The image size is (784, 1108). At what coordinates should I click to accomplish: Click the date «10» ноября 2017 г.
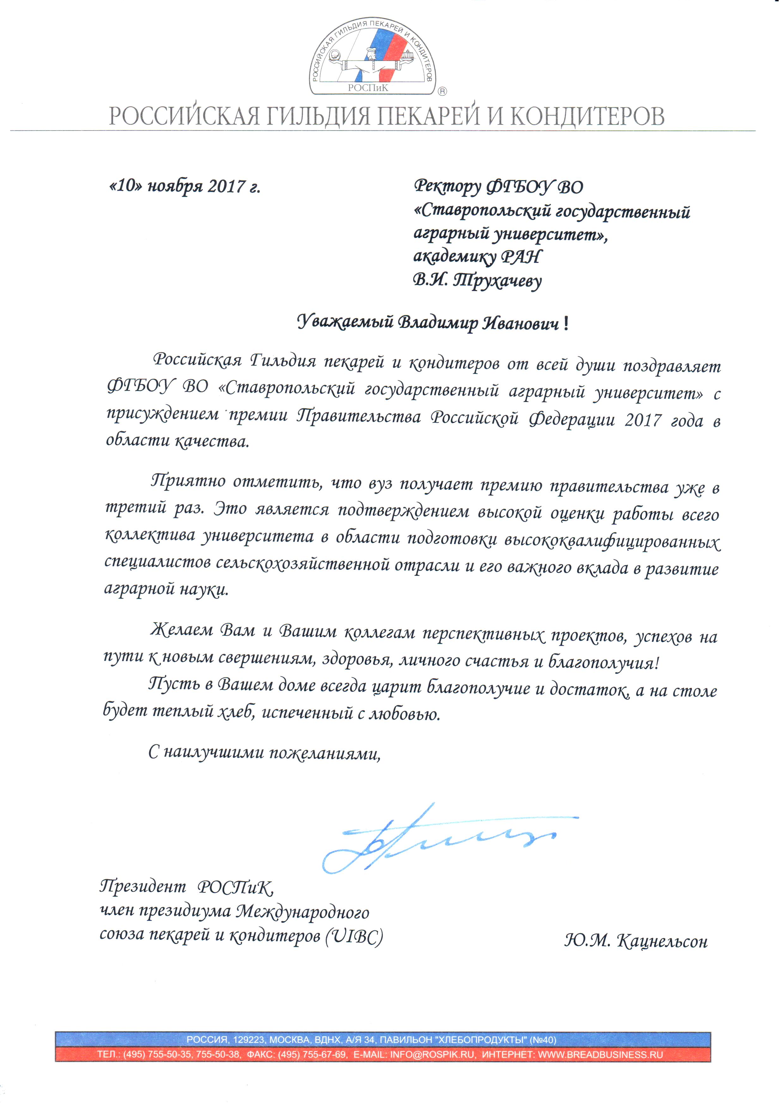pyautogui.click(x=185, y=186)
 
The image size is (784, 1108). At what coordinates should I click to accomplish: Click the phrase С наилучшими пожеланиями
pyautogui.click(x=264, y=753)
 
